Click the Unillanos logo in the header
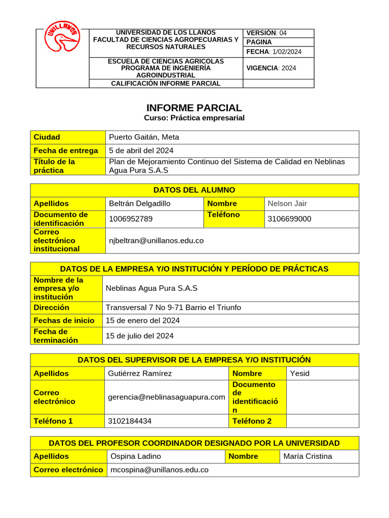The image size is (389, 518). pyautogui.click(x=62, y=37)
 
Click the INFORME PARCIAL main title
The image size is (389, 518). pyautogui.click(x=194, y=108)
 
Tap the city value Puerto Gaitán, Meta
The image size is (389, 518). pyautogui.click(x=144, y=137)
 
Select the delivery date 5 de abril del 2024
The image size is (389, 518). pyautogui.click(x=141, y=150)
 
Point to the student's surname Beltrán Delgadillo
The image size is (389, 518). pyautogui.click(x=140, y=203)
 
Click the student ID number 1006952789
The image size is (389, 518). pyautogui.click(x=131, y=219)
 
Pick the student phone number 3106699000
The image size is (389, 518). pyautogui.click(x=289, y=219)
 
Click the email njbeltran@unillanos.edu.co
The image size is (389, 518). pyautogui.click(x=156, y=240)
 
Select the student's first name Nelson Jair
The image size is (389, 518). pyautogui.click(x=287, y=203)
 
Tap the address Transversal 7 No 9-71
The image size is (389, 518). pyautogui.click(x=173, y=307)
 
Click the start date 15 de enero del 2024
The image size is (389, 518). pyautogui.click(x=142, y=320)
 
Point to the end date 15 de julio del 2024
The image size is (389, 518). pyautogui.click(x=139, y=336)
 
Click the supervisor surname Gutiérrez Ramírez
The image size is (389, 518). pyautogui.click(x=140, y=373)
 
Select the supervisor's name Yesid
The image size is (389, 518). pyautogui.click(x=299, y=373)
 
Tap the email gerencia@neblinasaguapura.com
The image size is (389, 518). pyautogui.click(x=166, y=397)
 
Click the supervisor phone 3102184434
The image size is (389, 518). pyautogui.click(x=130, y=421)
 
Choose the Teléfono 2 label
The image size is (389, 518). pyautogui.click(x=252, y=421)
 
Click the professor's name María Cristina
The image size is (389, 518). pyautogui.click(x=308, y=456)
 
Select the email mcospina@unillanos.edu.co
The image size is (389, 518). pyautogui.click(x=160, y=469)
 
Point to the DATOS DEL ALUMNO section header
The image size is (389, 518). pyautogui.click(x=194, y=190)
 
